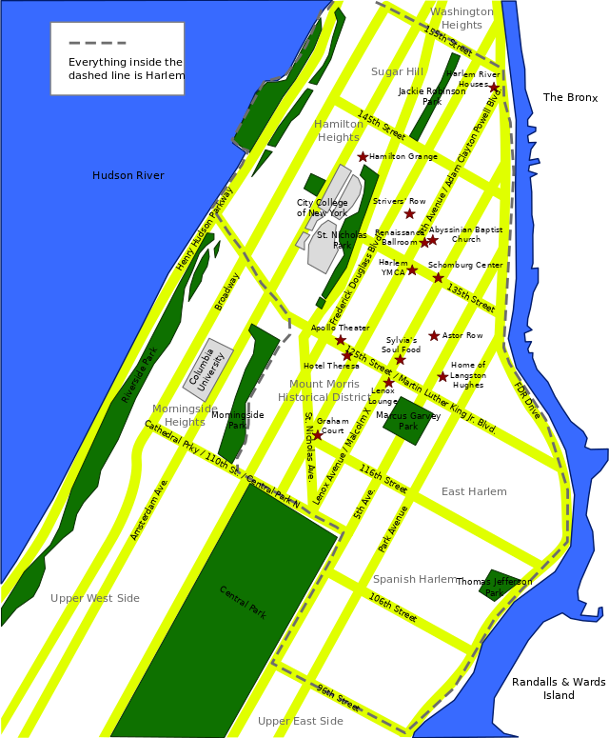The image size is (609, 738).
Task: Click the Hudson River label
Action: [128, 175]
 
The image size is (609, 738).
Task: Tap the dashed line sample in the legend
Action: [97, 44]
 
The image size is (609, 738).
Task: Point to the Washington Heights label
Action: [462, 18]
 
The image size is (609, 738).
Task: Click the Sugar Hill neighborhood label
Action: [396, 71]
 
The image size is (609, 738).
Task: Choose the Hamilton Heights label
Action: [339, 130]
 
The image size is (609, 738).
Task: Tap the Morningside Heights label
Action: [185, 415]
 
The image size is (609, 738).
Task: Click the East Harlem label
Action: [474, 491]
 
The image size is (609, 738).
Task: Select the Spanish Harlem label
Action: [415, 579]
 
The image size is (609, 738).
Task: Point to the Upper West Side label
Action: [95, 598]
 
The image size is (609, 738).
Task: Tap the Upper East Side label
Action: [301, 721]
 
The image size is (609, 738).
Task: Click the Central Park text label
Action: [243, 603]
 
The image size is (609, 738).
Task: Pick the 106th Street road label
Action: [393, 609]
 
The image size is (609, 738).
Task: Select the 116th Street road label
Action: [383, 478]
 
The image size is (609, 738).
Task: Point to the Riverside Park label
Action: [139, 375]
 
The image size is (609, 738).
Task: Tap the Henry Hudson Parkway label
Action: [205, 229]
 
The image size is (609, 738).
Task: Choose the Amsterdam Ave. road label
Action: [149, 510]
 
